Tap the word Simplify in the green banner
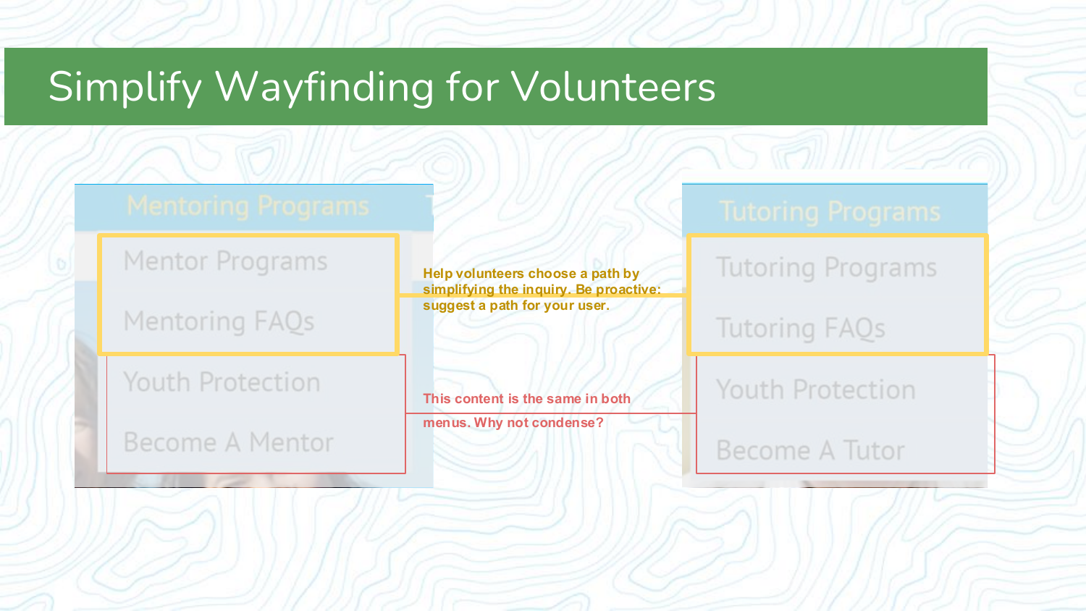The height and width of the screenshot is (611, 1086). pyautogui.click(x=125, y=87)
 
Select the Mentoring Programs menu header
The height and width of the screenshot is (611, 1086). pyautogui.click(x=248, y=206)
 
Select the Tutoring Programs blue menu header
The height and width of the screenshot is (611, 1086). pyautogui.click(x=829, y=212)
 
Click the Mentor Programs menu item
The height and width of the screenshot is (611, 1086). pyautogui.click(x=225, y=261)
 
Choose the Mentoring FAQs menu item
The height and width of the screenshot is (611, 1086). pyautogui.click(x=219, y=321)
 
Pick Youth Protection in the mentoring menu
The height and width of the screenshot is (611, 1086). pyautogui.click(x=222, y=382)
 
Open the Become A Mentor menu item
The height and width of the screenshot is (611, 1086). pyautogui.click(x=228, y=442)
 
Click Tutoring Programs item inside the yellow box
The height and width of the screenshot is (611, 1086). pyautogui.click(x=826, y=268)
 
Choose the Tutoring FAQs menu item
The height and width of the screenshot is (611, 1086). pyautogui.click(x=800, y=329)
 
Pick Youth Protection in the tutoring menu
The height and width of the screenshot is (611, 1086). pyautogui.click(x=815, y=390)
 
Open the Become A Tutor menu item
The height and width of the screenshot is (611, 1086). pyautogui.click(x=810, y=451)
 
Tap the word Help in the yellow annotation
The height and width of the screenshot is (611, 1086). pyautogui.click(x=437, y=274)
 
